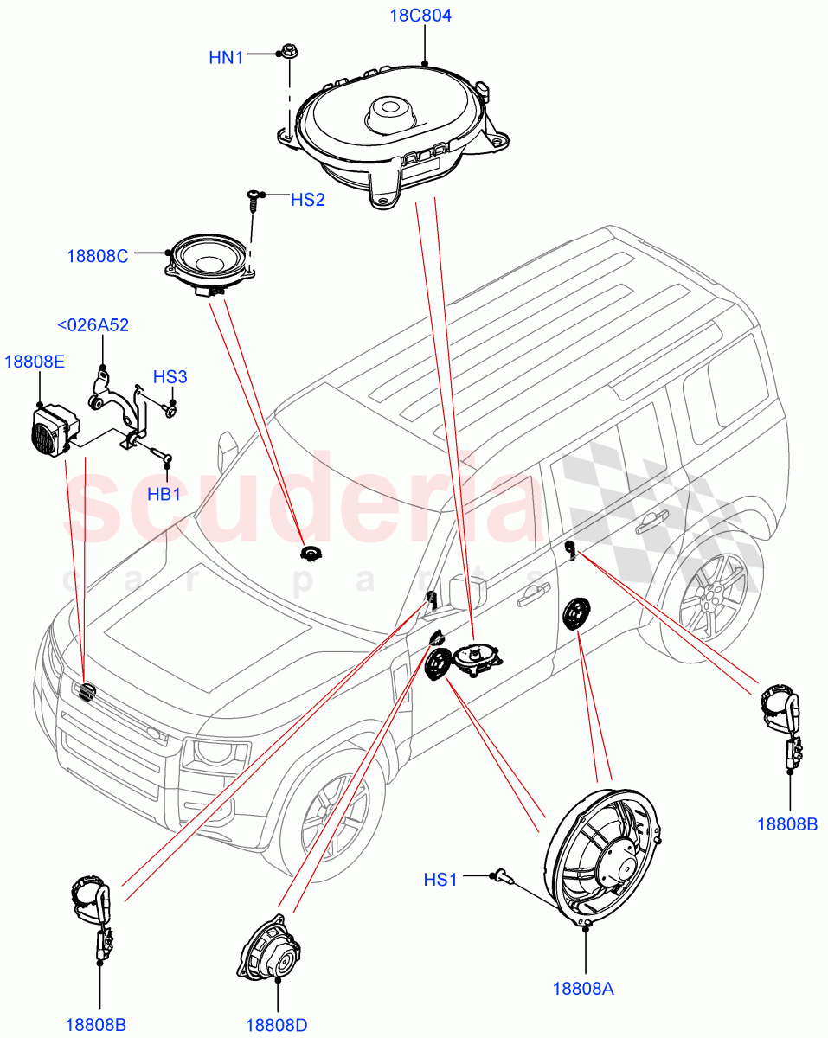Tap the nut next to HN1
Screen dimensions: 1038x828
click(x=289, y=53)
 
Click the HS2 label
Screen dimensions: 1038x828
click(x=307, y=200)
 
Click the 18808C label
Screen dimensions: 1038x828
click(x=98, y=256)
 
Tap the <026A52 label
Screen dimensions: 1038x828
click(x=93, y=324)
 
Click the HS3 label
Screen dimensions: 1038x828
click(x=170, y=377)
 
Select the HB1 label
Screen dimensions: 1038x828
click(x=164, y=495)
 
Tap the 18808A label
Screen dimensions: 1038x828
click(x=583, y=988)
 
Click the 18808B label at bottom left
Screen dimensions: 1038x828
click(x=96, y=1025)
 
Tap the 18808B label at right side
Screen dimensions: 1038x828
click(x=787, y=823)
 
